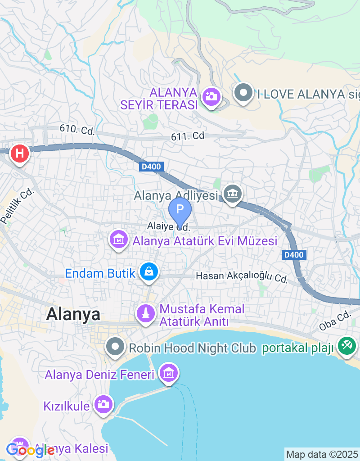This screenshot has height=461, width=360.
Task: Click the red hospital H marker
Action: click(x=19, y=154)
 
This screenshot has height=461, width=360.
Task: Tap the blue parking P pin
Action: click(x=180, y=210)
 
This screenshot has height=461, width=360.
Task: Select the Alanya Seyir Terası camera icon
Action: click(x=211, y=96)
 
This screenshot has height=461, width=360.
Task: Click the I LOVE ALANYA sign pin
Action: click(x=243, y=93)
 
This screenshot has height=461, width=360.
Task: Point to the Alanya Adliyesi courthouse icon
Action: click(x=233, y=194)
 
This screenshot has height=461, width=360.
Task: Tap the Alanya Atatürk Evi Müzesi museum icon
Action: click(x=119, y=240)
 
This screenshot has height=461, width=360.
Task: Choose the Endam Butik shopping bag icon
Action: click(x=149, y=271)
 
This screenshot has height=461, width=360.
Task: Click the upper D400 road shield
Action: click(x=151, y=167)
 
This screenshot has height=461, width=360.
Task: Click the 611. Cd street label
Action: click(x=188, y=136)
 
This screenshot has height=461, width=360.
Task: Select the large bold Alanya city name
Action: click(x=73, y=314)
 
